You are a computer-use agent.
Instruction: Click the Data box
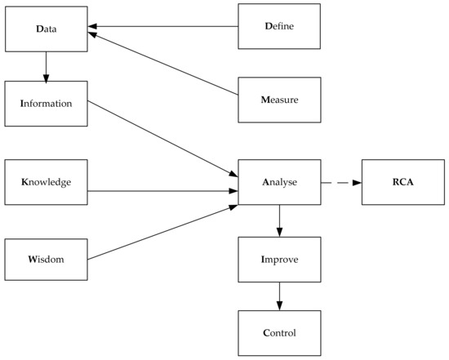[x=46, y=30]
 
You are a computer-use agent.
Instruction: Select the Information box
[x=46, y=104]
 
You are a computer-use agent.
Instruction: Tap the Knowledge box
[x=46, y=181]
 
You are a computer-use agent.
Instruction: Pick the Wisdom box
[x=46, y=260]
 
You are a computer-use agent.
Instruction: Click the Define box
[x=279, y=26]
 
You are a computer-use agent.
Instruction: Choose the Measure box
[x=279, y=100]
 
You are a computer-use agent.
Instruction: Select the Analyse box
[x=279, y=182]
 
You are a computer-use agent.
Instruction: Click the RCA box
[x=402, y=182]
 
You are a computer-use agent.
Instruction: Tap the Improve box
[x=279, y=260]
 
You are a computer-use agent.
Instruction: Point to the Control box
[x=279, y=332]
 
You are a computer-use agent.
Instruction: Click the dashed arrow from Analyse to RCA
[x=341, y=182]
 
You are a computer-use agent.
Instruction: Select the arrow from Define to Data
[x=163, y=26]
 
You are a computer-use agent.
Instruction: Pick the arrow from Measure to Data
[x=163, y=67]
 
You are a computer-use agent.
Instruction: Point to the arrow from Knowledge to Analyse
[x=163, y=192]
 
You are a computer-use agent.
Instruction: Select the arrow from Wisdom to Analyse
[x=163, y=233]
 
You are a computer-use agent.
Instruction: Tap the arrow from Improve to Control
[x=279, y=296]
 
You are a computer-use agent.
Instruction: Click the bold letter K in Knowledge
[x=24, y=181]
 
